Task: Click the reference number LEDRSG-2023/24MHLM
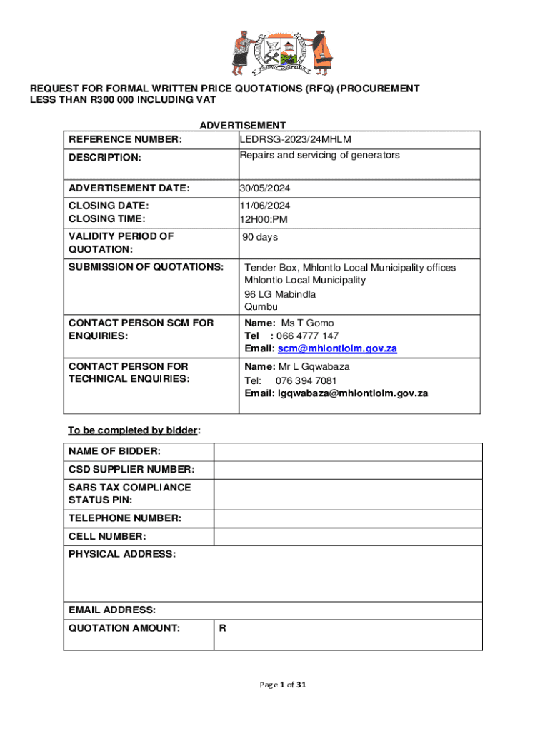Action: (x=296, y=139)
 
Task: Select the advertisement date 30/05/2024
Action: (x=265, y=188)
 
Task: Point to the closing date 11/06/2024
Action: (x=265, y=206)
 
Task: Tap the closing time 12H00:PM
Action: (x=264, y=219)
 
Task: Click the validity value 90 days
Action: (x=260, y=237)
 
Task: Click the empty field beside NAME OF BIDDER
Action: (x=348, y=452)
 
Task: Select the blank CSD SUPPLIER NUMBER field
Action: (x=348, y=470)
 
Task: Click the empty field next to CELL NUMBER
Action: (x=348, y=537)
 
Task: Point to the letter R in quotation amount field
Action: (x=223, y=629)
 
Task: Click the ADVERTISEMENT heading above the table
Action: (x=243, y=126)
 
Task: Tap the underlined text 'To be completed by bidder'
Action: (x=133, y=430)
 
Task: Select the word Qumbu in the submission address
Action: (x=261, y=308)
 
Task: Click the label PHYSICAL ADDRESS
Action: (x=121, y=555)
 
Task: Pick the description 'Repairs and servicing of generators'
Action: (x=319, y=155)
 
